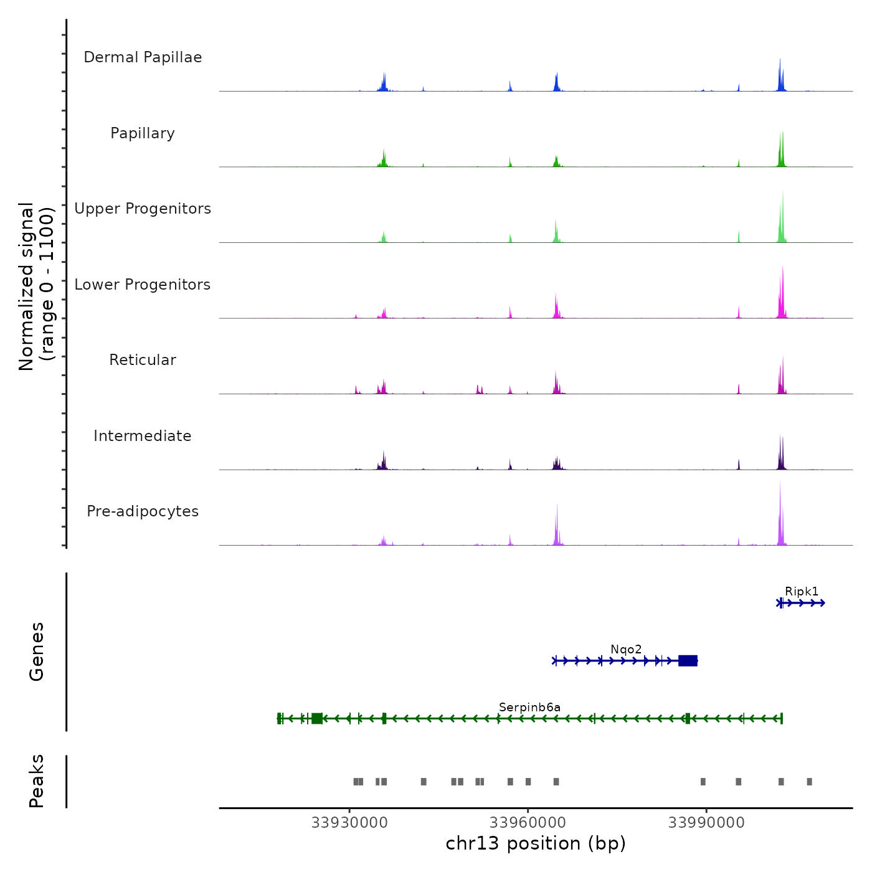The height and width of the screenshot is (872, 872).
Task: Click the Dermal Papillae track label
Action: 143,57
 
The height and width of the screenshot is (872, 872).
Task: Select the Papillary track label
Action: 143,133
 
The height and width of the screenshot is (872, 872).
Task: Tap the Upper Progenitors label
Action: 143,209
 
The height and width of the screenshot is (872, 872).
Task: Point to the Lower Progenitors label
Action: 143,285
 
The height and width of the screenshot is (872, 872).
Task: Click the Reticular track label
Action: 143,360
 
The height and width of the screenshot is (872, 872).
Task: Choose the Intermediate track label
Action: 143,436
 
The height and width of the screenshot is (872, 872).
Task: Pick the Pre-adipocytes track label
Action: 143,511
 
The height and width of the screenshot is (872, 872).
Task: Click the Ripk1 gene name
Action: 802,591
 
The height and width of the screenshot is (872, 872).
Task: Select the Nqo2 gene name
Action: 626,649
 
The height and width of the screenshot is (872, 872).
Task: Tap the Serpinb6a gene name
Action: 529,707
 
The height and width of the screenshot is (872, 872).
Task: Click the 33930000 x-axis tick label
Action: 349,822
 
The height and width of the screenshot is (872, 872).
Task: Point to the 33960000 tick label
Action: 528,822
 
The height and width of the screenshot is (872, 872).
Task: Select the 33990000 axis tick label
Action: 706,822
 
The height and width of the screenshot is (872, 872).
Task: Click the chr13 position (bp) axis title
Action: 536,843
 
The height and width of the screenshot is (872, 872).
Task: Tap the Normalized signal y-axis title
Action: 36,286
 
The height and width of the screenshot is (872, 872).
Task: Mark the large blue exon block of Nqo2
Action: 688,660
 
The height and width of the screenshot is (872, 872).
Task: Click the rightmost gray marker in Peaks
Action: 809,782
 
